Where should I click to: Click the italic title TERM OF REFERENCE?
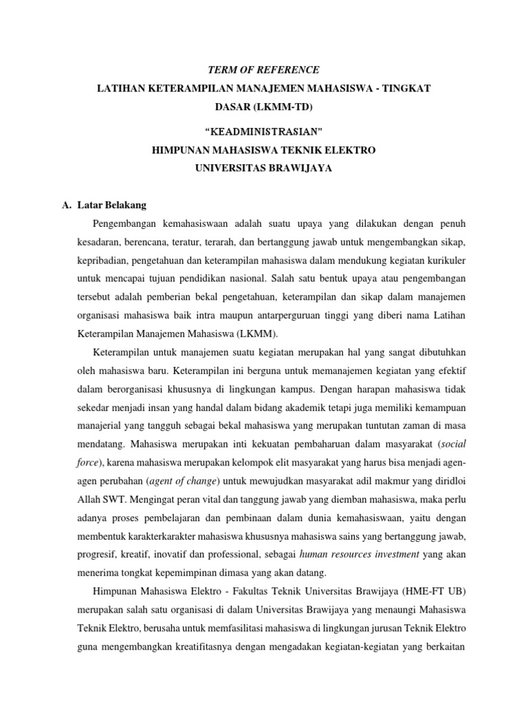click(263, 70)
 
